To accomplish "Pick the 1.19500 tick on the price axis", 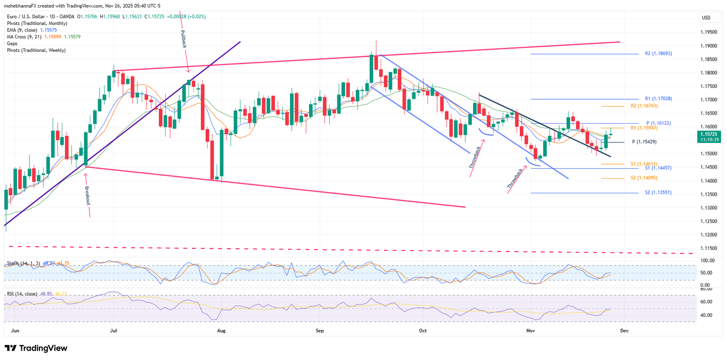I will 708,32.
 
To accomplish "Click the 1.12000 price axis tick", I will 708,235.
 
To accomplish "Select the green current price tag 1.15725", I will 709,137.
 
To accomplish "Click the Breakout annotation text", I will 87,195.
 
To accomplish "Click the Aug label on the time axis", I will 221,330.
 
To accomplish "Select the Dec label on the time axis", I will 625,330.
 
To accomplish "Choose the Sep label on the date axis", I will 319,330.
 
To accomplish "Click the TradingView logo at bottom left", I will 36,348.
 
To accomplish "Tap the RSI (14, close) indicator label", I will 22,294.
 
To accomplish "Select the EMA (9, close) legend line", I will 24,30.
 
